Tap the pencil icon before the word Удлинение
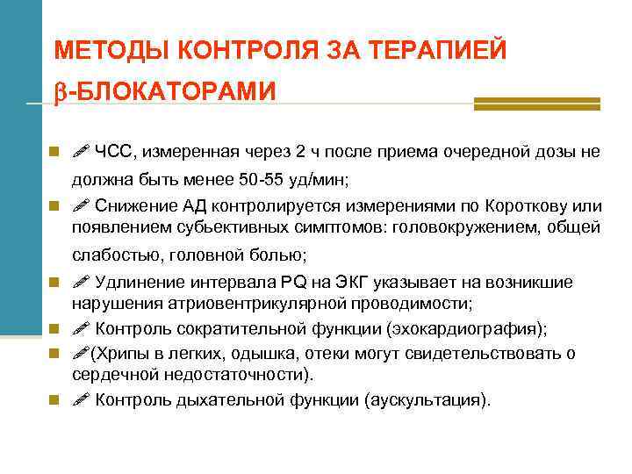pos(81,282)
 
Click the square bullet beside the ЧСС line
pos(54,152)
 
